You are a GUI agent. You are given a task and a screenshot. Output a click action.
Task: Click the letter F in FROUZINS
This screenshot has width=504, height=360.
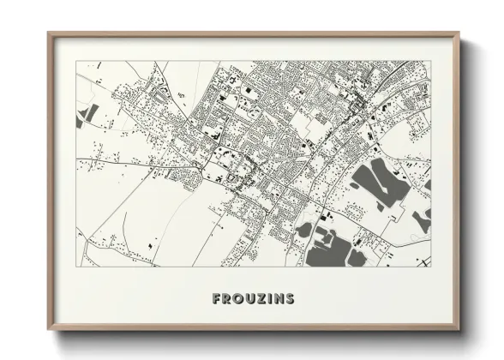point(216,299)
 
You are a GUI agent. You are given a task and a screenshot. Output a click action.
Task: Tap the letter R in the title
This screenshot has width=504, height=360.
point(227,299)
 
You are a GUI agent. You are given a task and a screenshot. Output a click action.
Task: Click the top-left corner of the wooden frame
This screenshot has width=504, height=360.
point(48,33)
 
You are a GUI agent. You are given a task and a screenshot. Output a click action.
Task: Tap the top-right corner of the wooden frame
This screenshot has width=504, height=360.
point(459,33)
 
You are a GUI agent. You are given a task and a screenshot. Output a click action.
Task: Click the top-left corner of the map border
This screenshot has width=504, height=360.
point(76,61)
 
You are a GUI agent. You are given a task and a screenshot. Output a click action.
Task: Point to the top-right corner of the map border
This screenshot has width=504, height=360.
point(431,61)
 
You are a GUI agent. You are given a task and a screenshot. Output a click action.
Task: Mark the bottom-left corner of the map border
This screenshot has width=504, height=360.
point(76,267)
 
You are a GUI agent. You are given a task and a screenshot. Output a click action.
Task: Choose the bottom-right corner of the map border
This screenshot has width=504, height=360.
point(431,267)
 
